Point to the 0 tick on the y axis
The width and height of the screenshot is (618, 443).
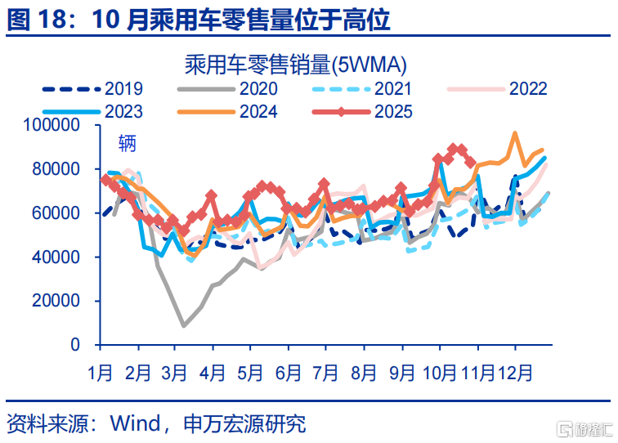pos(74,345)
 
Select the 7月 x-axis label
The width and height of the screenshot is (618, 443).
pos(327,373)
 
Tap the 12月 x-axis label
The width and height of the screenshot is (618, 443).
pos(515,373)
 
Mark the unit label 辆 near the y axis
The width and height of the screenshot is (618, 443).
pos(127,144)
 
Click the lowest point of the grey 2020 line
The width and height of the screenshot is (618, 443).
pos(183,326)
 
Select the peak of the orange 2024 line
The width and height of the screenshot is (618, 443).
pos(515,133)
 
